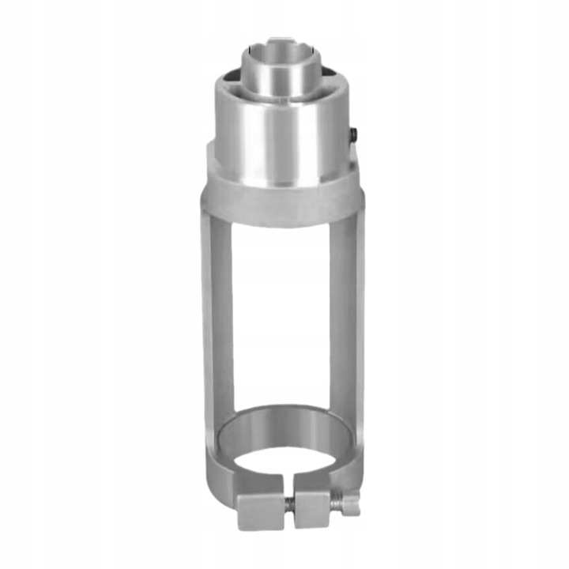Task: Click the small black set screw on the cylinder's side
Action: pyautogui.click(x=353, y=136)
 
